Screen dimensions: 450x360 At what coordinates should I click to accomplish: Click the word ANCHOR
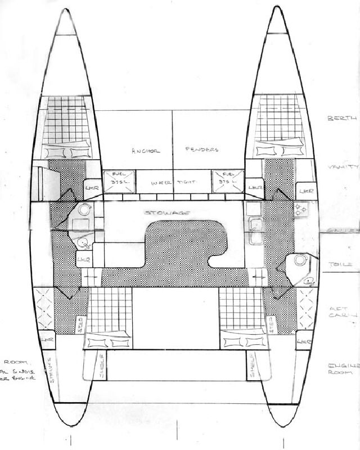146,151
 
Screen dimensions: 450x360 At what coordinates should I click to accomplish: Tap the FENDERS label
202,150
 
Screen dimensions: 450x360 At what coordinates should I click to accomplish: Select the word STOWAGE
167,213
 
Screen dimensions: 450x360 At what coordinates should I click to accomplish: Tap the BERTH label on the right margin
341,119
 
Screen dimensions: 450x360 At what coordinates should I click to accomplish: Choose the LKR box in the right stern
304,341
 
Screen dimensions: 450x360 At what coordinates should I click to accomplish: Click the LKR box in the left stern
49,340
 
